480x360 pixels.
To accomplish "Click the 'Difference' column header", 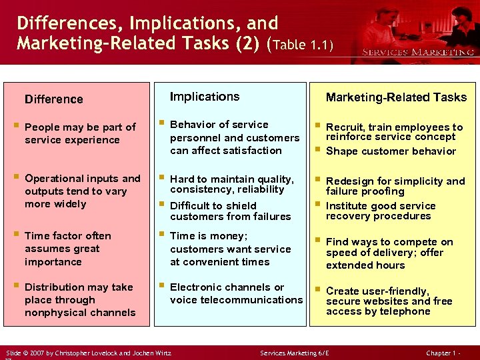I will coord(54,99).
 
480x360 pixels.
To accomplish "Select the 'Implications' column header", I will coord(205,97).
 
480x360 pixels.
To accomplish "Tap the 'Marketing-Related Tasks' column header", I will coord(396,97).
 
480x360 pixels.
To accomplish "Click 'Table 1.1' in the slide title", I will coord(301,45).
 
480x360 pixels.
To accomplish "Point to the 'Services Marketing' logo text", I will coord(418,52).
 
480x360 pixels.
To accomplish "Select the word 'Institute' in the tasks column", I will coord(347,206).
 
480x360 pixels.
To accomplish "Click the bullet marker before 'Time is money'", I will coord(161,235).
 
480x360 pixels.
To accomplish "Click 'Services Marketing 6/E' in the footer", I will coord(294,351).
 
